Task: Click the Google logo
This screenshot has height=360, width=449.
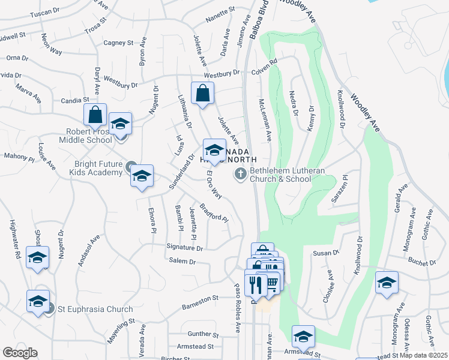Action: [20, 353]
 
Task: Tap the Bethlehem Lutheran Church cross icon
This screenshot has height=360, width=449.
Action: [240, 174]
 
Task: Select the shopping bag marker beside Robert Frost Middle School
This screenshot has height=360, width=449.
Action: [95, 114]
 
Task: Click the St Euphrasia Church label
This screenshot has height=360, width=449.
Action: [95, 310]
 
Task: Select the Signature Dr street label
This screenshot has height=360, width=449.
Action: [185, 247]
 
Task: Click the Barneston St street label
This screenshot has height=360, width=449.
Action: [200, 299]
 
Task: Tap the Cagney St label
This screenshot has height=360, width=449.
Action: [118, 43]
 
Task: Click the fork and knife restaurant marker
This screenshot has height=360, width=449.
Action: [255, 284]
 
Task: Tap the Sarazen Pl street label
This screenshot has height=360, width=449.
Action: [339, 187]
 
